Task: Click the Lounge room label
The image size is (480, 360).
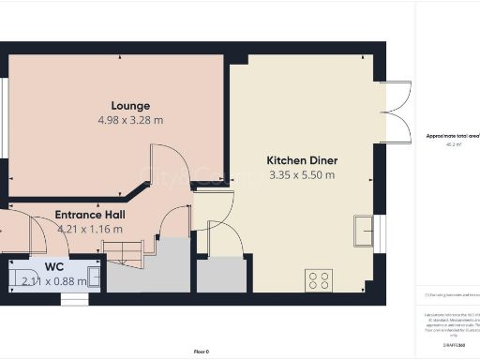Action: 130,105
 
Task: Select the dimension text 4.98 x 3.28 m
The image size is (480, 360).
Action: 130,120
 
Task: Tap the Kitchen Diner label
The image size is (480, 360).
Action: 302,160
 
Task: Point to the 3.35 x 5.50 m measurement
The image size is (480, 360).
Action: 302,174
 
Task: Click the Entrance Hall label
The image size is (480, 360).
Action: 90,214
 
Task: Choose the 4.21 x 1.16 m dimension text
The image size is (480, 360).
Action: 90,228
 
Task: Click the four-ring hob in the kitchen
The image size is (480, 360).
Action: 319,278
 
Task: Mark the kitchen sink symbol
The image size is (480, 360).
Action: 364,228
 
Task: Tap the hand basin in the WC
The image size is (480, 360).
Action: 93,277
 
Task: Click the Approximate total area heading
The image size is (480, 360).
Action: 452,137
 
